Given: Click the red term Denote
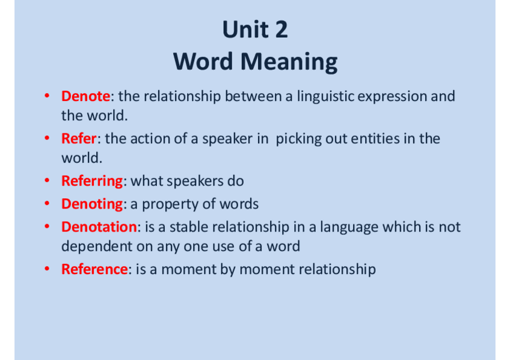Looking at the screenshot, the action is click(86, 96).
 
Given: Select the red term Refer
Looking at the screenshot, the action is click(79, 138).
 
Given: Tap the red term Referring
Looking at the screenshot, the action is click(92, 182).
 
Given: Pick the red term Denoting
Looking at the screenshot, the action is click(92, 204).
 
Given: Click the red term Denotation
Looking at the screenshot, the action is click(99, 227).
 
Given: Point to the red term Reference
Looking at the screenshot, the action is click(94, 269).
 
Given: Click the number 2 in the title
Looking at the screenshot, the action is click(281, 29).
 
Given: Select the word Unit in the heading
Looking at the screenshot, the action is click(245, 29).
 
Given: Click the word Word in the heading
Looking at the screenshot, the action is click(203, 61).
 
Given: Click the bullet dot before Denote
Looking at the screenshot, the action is click(47, 96).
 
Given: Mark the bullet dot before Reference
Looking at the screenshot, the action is click(47, 269).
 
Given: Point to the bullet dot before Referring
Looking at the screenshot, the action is click(47, 180).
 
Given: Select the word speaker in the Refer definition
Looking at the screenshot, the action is click(227, 139).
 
